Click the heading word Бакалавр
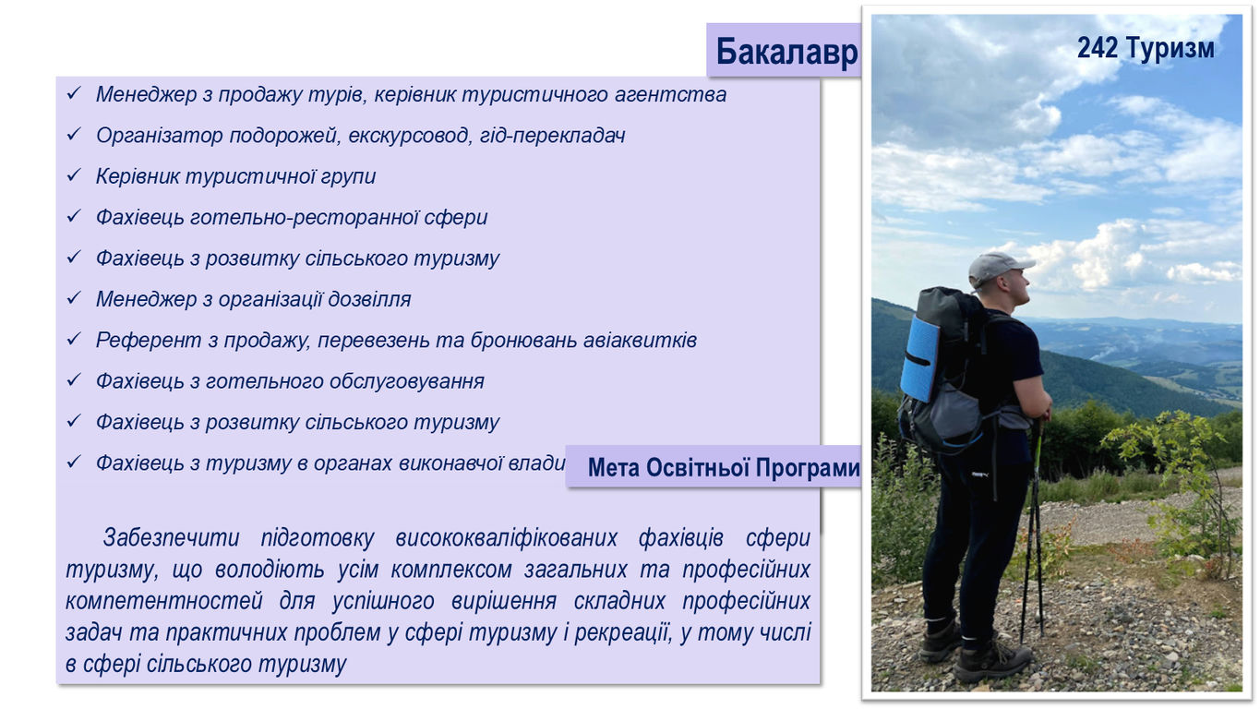[786, 52]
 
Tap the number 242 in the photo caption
[1098, 47]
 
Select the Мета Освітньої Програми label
[724, 468]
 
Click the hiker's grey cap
[999, 268]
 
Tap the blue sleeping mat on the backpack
[919, 359]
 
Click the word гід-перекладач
[552, 136]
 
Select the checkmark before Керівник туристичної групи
[74, 175]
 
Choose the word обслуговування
[407, 381]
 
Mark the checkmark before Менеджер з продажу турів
[74, 93]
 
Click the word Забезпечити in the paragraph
[171, 538]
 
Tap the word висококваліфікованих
[506, 538]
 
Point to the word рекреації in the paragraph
[623, 632]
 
